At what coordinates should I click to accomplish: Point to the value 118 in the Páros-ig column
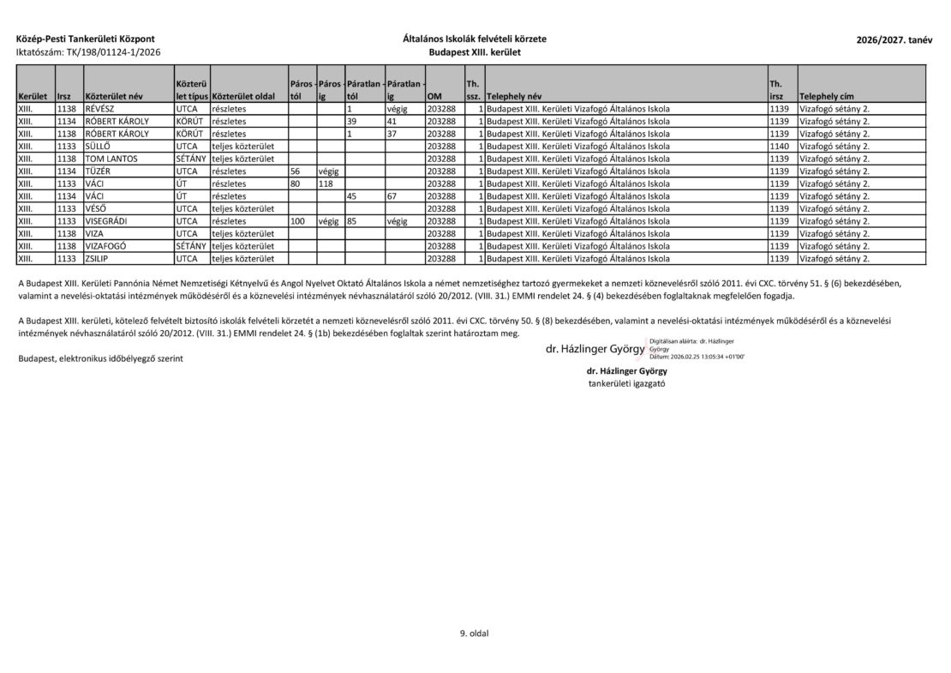(x=326, y=183)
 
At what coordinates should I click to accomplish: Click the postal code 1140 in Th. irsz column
(x=778, y=147)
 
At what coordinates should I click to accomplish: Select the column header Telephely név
(x=517, y=96)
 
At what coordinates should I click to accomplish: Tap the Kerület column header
(x=33, y=96)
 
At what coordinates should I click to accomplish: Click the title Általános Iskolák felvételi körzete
(x=475, y=39)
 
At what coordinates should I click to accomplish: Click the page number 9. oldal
(x=474, y=634)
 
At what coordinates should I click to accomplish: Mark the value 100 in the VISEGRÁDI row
(x=298, y=221)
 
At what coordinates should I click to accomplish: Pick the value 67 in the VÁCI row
(x=392, y=196)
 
